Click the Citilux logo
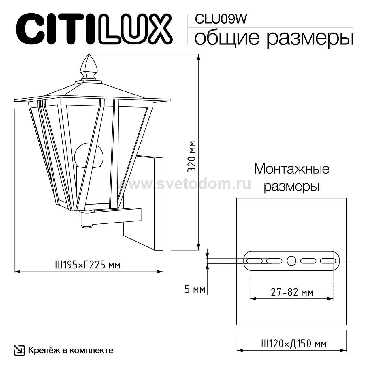94,29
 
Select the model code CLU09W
221,19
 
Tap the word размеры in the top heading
310,38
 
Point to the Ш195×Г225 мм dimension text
88,264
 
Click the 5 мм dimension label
195,289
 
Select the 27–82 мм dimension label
292,293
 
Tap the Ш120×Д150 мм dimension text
293,344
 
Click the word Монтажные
291,169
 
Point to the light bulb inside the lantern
89,156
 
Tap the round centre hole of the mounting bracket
291,261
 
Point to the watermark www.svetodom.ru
183,184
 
